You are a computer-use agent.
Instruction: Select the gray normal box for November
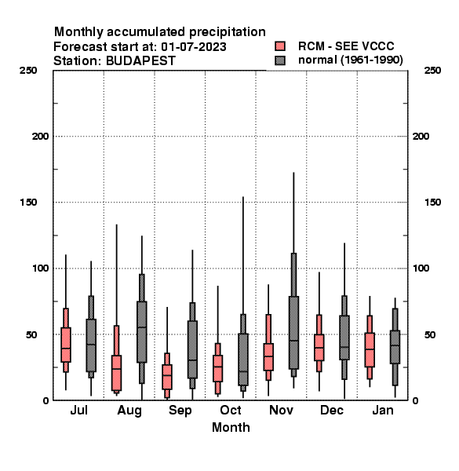[293, 315]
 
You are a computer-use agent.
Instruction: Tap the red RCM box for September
[167, 375]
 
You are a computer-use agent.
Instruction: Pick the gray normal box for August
[142, 329]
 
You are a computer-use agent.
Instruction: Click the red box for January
[370, 347]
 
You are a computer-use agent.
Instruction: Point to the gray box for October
[243, 352]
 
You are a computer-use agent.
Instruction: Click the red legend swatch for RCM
[280, 46]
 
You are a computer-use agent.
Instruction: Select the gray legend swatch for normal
[280, 60]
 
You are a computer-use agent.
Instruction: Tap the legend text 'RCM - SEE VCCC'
[346, 46]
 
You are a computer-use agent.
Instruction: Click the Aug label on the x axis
[129, 411]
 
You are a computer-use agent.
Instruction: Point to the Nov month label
[281, 410]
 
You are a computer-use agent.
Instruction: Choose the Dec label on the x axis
[332, 410]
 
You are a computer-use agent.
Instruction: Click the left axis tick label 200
[40, 137]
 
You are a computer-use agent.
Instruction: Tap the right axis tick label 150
[432, 203]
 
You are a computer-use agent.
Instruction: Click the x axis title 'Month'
[231, 428]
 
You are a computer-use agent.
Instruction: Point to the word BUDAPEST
[140, 61]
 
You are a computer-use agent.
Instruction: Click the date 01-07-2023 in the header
[194, 47]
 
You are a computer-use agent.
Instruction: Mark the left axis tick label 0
[46, 400]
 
